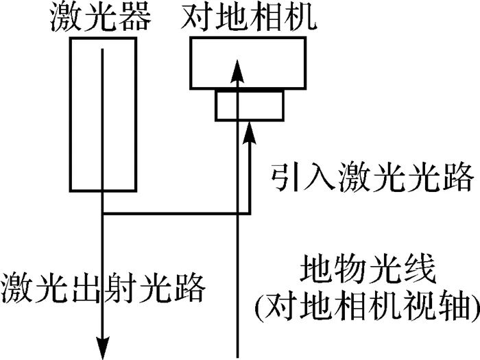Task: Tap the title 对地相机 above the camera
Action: coord(248,19)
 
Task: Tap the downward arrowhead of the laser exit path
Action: coord(103,347)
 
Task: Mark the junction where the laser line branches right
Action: coord(103,213)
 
